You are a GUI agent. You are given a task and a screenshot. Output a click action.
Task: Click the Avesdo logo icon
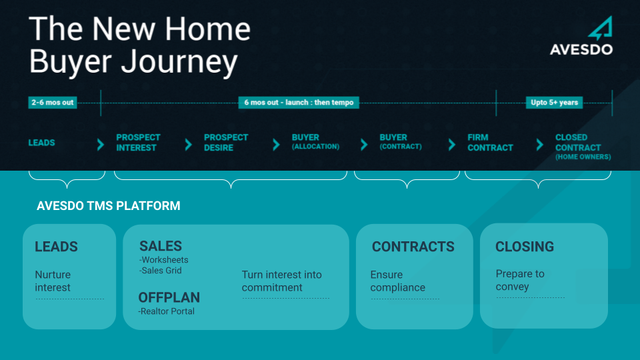pyautogui.click(x=601, y=28)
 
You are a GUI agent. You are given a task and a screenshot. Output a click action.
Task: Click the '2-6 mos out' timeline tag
pyautogui.click(x=53, y=103)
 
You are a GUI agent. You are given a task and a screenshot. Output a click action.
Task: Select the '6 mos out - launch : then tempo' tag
pyautogui.click(x=299, y=103)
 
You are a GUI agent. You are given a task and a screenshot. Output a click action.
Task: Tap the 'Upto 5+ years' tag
pyautogui.click(x=554, y=103)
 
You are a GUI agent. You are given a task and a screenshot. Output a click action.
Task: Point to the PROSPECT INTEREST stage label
pyautogui.click(x=138, y=143)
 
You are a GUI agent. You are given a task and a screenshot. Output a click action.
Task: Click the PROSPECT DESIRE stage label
pyautogui.click(x=226, y=143)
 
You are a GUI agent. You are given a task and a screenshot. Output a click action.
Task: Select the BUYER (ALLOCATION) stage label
pyautogui.click(x=315, y=141)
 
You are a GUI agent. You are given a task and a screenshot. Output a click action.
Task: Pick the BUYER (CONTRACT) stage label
pyautogui.click(x=401, y=141)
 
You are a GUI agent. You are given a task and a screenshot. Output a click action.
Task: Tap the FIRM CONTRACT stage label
pyautogui.click(x=490, y=143)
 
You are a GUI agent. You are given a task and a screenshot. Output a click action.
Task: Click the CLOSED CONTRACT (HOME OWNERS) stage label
pyautogui.click(x=583, y=147)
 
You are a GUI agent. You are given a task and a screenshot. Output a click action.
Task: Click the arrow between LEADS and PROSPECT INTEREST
pyautogui.click(x=101, y=144)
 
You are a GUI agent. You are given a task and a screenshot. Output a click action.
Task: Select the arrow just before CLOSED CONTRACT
pyautogui.click(x=539, y=144)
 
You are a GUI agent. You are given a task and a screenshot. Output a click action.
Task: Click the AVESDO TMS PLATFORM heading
pyautogui.click(x=108, y=206)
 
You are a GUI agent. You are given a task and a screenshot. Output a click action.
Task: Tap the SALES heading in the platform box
pyautogui.click(x=161, y=246)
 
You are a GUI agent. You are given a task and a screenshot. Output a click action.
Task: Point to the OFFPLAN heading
pyautogui.click(x=169, y=297)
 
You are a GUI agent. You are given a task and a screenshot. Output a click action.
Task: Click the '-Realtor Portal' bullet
pyautogui.click(x=166, y=311)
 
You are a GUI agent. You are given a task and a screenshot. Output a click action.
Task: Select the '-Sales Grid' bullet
pyautogui.click(x=161, y=271)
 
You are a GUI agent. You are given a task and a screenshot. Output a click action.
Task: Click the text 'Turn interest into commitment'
pyautogui.click(x=281, y=281)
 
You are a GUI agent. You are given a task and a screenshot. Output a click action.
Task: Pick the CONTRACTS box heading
pyautogui.click(x=413, y=247)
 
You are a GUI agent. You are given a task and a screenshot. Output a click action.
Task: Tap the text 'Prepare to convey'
pyautogui.click(x=520, y=280)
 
